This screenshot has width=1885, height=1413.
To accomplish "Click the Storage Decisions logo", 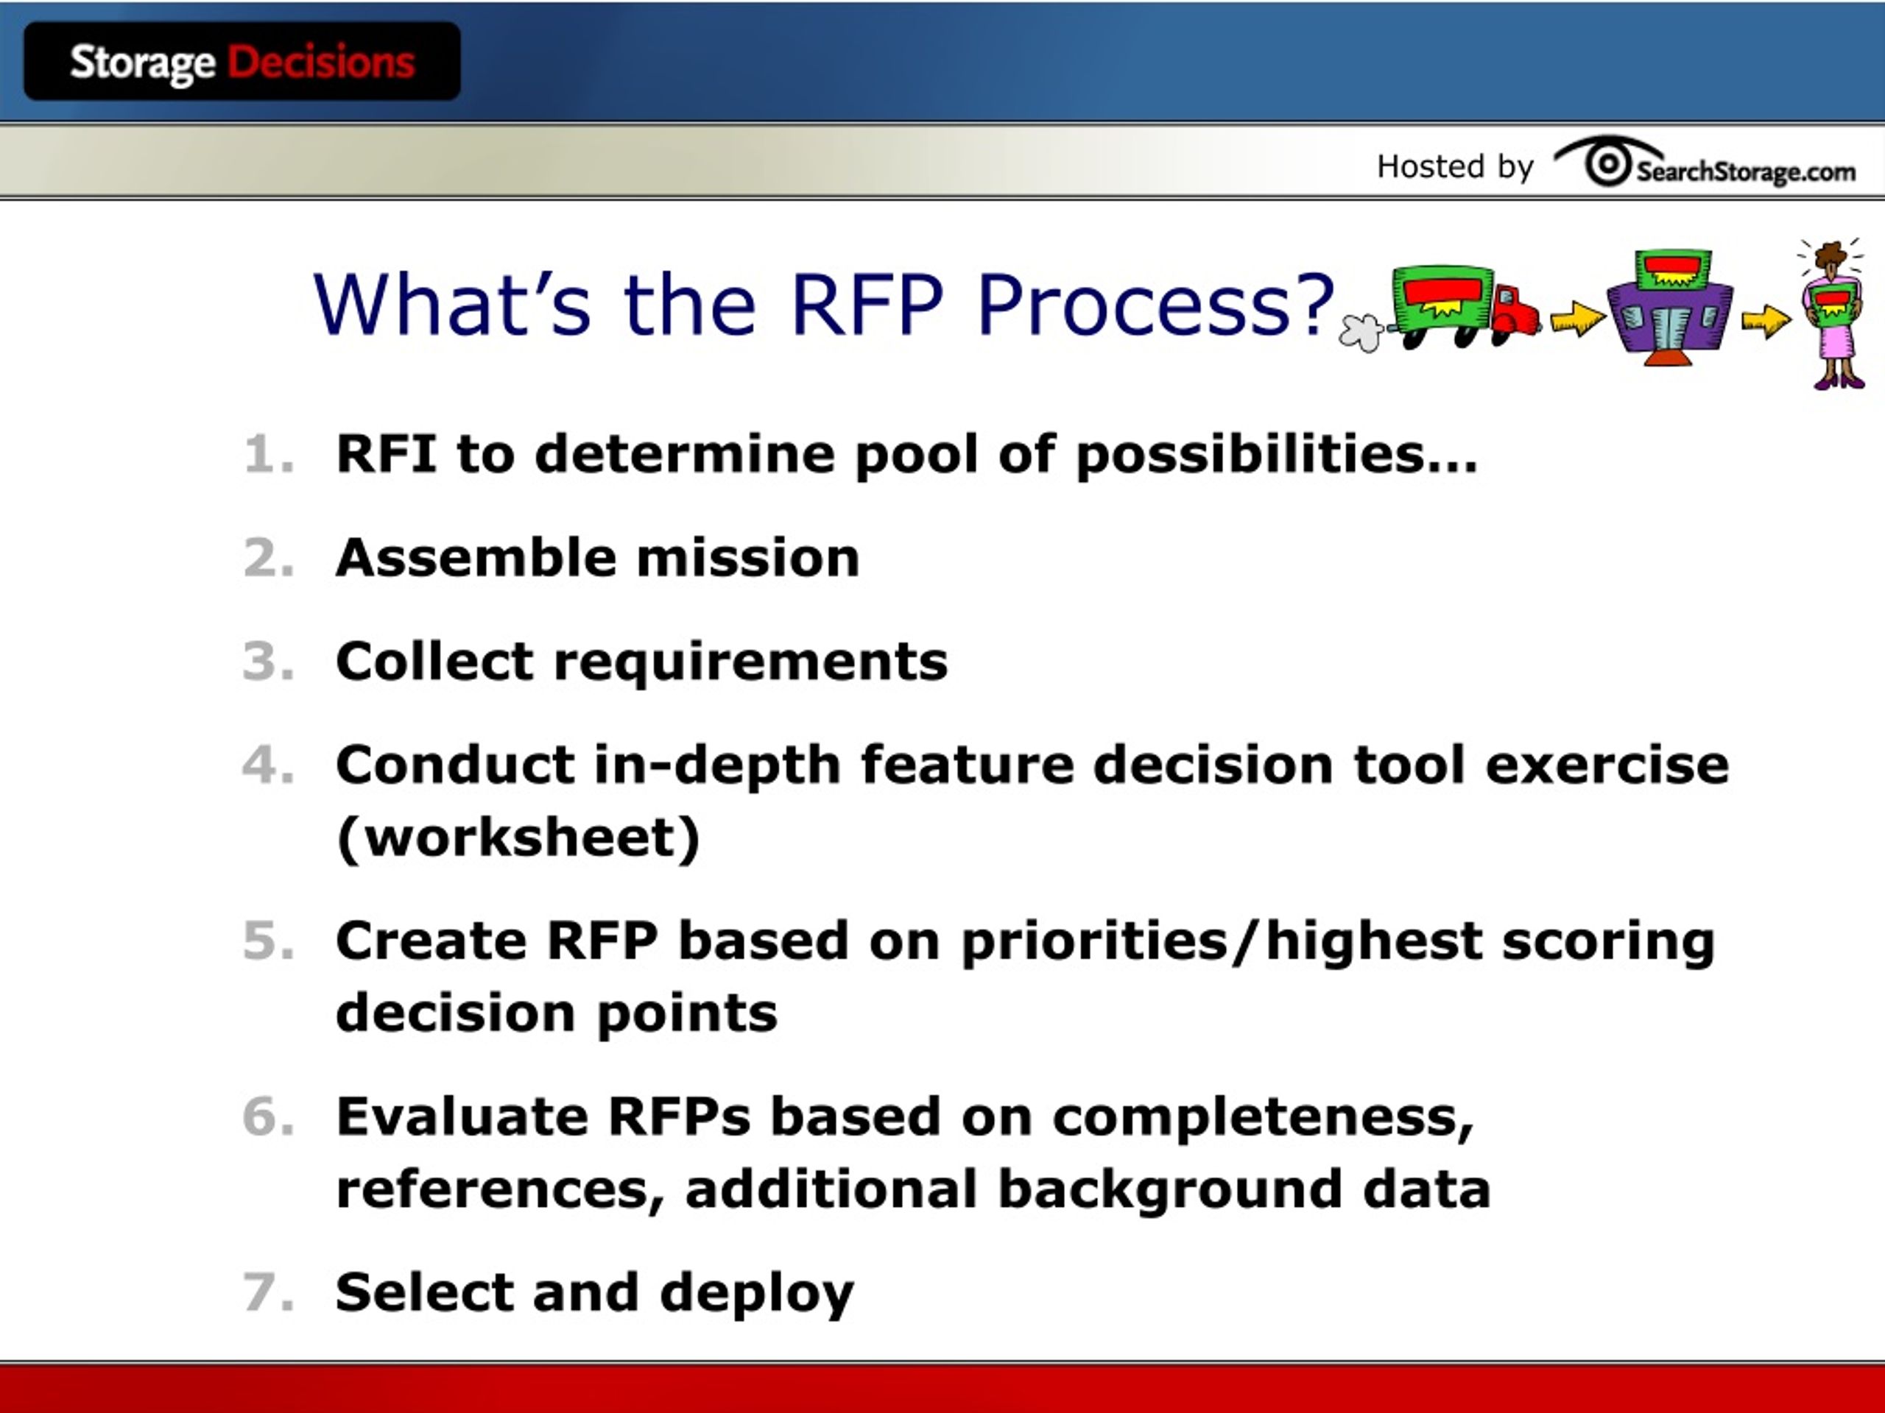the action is (242, 61).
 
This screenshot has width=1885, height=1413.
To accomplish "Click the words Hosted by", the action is (1455, 167).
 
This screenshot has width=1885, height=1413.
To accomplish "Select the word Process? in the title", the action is (1155, 305).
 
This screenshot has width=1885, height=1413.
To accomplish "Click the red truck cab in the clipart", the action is (1515, 311).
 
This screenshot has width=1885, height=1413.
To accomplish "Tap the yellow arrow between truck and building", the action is (1576, 319).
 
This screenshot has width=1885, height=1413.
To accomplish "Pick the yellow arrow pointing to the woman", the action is (1766, 320).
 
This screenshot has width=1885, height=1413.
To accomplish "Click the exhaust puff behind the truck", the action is (1361, 332).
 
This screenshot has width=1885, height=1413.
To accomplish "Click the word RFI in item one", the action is (386, 453).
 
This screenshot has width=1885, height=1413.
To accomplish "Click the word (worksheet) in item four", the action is (518, 838).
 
